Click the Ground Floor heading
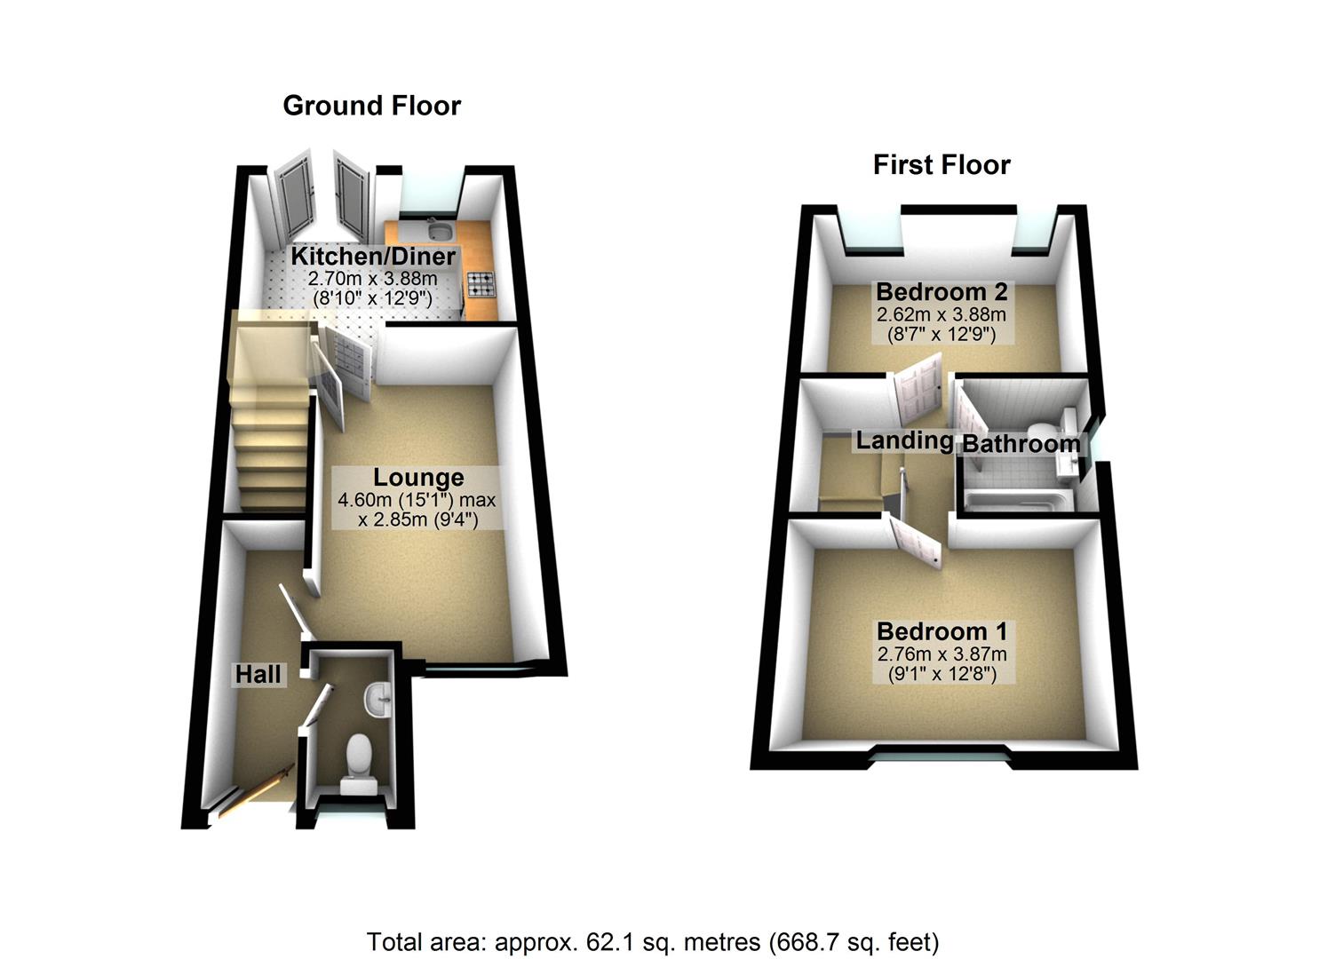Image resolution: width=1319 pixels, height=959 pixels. click(371, 106)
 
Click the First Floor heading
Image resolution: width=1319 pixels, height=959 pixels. click(942, 165)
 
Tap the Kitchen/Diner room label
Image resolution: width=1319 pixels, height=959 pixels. click(373, 257)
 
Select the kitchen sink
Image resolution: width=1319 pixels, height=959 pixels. click(439, 231)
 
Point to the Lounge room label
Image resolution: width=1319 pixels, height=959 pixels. click(417, 478)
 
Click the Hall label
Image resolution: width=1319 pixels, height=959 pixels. click(258, 675)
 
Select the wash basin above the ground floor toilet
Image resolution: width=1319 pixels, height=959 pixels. click(377, 698)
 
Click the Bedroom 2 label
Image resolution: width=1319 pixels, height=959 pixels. click(942, 292)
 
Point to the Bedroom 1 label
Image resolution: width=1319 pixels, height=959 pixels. click(942, 632)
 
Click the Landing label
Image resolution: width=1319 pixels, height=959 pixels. click(904, 440)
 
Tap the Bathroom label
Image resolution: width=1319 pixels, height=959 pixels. click(1021, 444)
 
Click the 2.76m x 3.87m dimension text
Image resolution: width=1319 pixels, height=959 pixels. click(942, 654)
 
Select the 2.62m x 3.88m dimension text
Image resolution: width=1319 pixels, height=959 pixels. click(942, 314)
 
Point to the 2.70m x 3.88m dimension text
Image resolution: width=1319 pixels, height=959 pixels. click(373, 279)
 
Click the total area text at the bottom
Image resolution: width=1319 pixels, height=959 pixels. click(653, 941)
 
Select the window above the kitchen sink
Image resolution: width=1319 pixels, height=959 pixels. click(430, 192)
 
